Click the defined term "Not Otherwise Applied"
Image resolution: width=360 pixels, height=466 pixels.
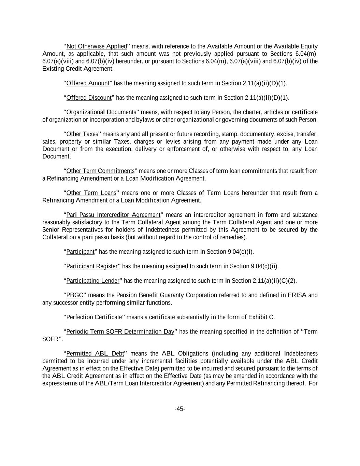pos(97,46)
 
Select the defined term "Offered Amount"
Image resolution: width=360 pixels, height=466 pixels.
pos(88,83)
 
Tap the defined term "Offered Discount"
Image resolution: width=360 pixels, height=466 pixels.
pos(89,98)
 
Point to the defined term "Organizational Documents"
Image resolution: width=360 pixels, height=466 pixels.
pos(101,112)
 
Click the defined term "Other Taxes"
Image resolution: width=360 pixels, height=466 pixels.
pos(82,134)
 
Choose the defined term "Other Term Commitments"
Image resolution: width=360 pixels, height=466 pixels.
pos(100,171)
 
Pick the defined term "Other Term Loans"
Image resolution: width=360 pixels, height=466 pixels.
pos(91,193)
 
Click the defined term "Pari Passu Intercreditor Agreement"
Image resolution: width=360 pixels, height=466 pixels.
pos(113,215)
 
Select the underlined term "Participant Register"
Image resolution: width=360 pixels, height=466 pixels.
pos(92,266)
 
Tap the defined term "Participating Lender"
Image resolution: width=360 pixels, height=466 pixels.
pos(93,281)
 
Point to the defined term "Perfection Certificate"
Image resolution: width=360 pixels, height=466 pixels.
pos(94,317)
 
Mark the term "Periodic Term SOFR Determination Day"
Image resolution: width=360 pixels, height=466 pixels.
pos(120,332)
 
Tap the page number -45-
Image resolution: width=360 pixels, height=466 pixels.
pos(180,409)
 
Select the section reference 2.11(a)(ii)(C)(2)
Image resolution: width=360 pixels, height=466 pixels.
pos(274,281)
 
